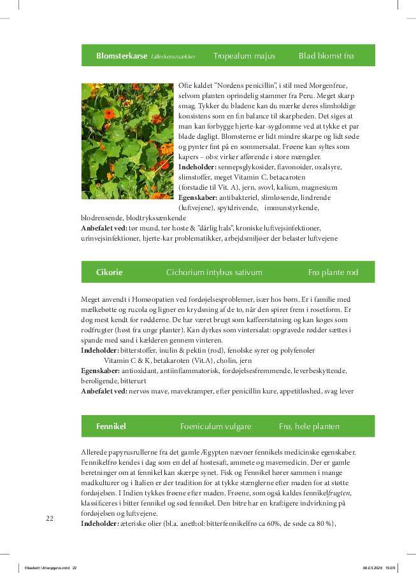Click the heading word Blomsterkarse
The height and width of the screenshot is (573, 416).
[x=122, y=56]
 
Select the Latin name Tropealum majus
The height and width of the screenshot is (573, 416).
[x=244, y=56]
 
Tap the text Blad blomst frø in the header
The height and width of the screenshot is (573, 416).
[x=326, y=56]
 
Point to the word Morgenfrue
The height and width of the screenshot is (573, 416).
[x=326, y=85]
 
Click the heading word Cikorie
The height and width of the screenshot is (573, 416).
[x=109, y=272]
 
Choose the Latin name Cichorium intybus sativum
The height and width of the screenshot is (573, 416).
[x=214, y=272]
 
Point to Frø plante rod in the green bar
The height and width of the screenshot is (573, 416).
[x=333, y=272]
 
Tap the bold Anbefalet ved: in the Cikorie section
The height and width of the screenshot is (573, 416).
[x=104, y=391]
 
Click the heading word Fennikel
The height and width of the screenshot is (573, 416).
[x=111, y=426]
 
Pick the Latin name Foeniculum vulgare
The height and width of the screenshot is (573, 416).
[x=215, y=426]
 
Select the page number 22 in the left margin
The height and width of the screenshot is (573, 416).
[x=50, y=518]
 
